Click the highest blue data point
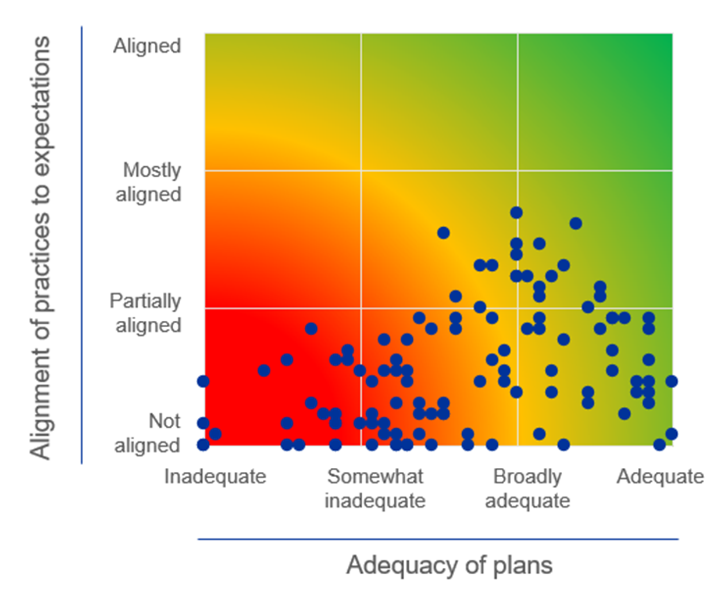click(516, 213)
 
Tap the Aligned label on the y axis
click(147, 46)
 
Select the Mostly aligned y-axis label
click(149, 182)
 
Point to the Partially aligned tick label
click(146, 313)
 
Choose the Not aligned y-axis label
click(148, 433)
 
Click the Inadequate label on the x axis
click(215, 477)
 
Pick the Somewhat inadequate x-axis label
click(375, 488)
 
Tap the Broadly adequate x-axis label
click(527, 488)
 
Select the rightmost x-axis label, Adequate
click(660, 477)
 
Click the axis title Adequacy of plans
click(449, 565)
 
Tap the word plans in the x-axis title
click(523, 565)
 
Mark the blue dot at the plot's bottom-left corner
click(203, 445)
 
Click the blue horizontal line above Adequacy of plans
click(437, 539)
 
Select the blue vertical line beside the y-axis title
click(81, 244)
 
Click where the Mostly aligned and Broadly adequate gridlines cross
click(517, 171)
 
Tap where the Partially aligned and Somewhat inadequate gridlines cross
click(361, 308)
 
